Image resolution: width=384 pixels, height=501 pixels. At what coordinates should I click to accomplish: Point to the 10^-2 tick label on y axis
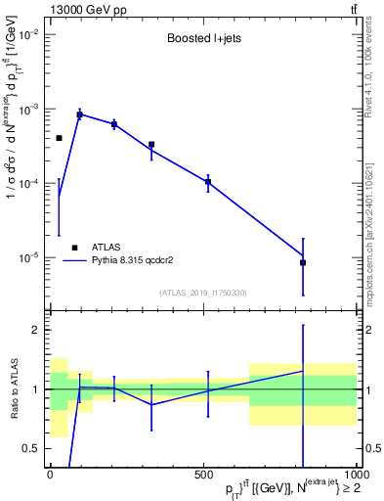click(28, 34)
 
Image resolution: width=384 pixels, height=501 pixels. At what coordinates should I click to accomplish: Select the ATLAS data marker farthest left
click(59, 138)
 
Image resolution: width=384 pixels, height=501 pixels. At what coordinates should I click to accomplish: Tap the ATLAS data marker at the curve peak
click(79, 114)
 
